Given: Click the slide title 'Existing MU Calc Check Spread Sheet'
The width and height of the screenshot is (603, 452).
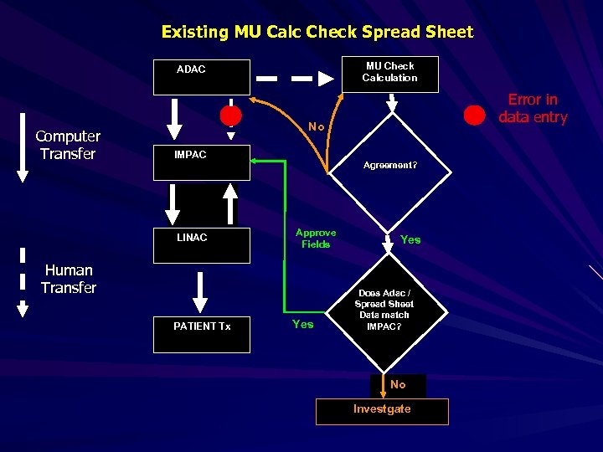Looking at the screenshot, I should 317,32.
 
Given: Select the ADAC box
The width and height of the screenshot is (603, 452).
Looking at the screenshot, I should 201,77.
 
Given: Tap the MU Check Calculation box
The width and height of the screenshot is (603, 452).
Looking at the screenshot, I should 389,74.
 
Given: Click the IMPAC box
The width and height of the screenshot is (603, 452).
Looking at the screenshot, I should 201,162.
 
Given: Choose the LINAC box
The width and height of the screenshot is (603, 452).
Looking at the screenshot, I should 201,244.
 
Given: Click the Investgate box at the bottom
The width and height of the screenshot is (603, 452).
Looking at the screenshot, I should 382,410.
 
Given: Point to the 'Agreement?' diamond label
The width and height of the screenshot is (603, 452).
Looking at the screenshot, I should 390,166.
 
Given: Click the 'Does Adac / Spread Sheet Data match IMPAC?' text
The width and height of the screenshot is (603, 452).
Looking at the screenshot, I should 385,310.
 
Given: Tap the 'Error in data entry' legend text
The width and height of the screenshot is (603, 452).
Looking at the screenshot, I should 533,109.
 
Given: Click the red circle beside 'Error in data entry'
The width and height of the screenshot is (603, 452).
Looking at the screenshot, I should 475,114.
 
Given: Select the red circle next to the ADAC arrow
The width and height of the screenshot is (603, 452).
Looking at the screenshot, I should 230,115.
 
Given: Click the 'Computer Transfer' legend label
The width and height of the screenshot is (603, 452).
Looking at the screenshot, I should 68,145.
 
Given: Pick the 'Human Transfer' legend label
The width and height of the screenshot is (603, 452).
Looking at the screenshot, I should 69,279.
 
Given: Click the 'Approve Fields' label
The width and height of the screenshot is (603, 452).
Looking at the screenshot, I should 316,239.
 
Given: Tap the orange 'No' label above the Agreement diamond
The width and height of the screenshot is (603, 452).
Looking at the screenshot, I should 316,127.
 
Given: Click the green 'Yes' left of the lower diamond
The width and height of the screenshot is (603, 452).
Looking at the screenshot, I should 302,324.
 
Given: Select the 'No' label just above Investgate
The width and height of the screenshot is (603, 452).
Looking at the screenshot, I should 398,384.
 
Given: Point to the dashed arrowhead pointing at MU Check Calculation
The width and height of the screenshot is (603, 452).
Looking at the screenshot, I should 325,79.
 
